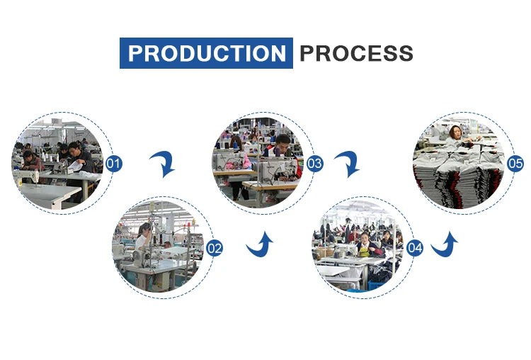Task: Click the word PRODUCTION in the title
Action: click(206, 53)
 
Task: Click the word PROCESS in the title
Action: click(356, 53)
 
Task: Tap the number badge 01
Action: click(113, 164)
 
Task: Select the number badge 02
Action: click(214, 249)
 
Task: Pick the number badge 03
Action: click(314, 164)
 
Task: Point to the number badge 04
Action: click(415, 249)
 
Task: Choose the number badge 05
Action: click(515, 164)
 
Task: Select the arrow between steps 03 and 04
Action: click(347, 164)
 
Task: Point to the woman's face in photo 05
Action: click(453, 133)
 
